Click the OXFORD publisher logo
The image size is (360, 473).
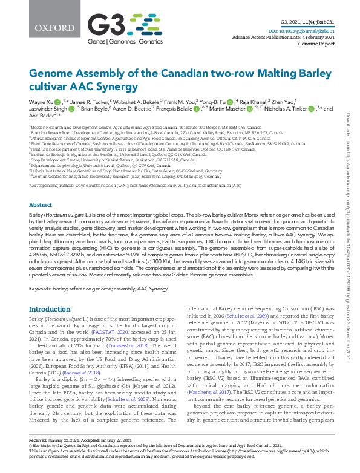pos(45,28)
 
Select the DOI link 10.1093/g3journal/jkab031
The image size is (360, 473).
pos(309,29)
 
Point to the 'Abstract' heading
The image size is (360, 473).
pos(41,205)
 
